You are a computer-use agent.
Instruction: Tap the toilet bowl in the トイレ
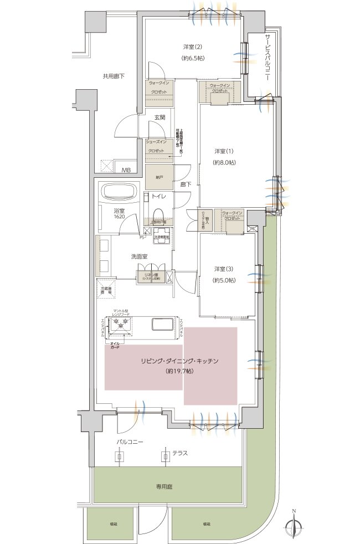[x=157, y=214]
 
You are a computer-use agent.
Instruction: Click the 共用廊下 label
[x=114, y=76]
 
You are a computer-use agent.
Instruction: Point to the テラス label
[x=180, y=453]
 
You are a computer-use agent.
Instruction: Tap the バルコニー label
[x=130, y=443]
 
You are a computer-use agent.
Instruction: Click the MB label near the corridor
[x=127, y=170]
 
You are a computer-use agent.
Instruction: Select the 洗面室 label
[x=138, y=256]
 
